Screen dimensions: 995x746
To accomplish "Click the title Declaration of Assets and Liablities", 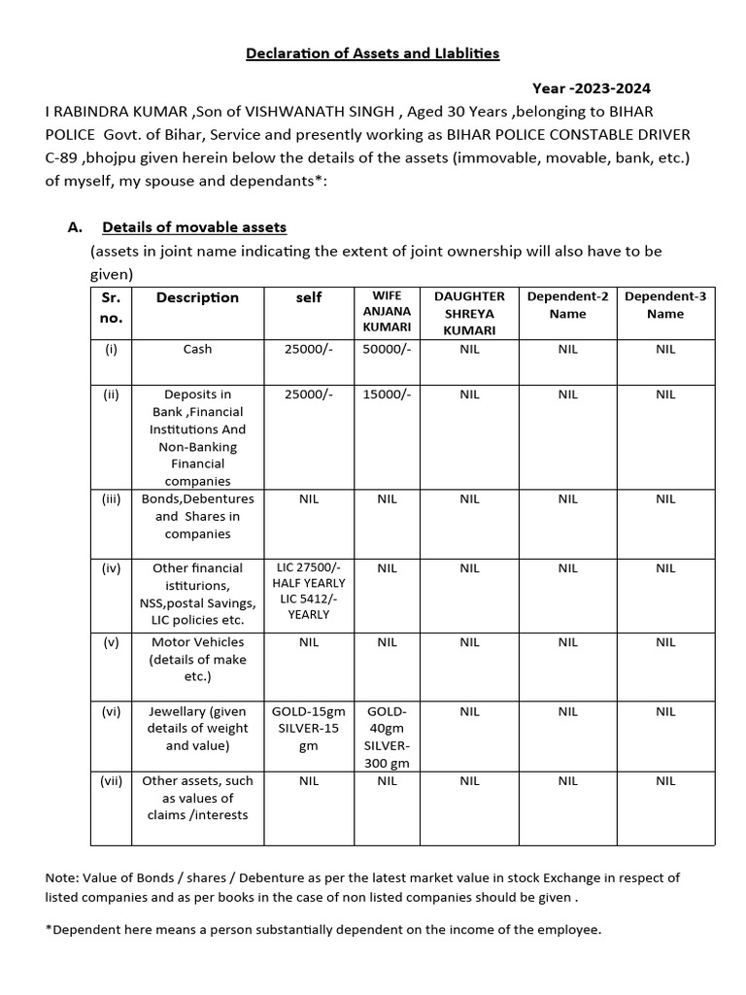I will click(x=372, y=52).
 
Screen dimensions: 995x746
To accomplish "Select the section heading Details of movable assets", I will click(x=194, y=227).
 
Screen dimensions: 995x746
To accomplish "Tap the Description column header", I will click(x=197, y=297).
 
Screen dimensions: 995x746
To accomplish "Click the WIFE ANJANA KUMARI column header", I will click(x=387, y=312).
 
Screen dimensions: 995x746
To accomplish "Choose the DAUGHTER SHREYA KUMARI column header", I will click(x=469, y=313).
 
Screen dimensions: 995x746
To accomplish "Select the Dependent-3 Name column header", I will click(x=665, y=304).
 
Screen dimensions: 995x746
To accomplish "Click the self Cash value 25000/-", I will click(x=309, y=349).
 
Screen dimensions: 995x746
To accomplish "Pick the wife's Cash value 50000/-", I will click(x=387, y=349).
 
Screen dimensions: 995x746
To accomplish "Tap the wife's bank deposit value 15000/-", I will click(x=387, y=395).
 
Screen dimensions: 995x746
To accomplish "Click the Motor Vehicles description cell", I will click(x=198, y=659).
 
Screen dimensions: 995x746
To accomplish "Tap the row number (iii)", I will click(x=111, y=499).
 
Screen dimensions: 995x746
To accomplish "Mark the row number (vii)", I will click(x=111, y=780).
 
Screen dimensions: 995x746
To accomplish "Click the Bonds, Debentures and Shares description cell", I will click(x=198, y=516).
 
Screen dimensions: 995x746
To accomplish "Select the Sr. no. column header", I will click(x=111, y=306).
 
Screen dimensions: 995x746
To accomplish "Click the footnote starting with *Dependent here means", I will click(x=323, y=930).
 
